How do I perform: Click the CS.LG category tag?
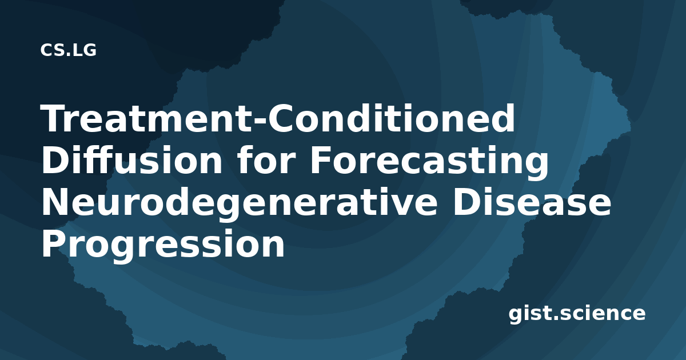(68, 50)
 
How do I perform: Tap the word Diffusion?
(131, 160)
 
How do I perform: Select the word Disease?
(532, 202)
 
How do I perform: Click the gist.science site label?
(577, 314)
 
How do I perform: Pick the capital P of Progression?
(54, 245)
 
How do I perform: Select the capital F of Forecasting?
(321, 160)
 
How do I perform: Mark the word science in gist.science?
(600, 314)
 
